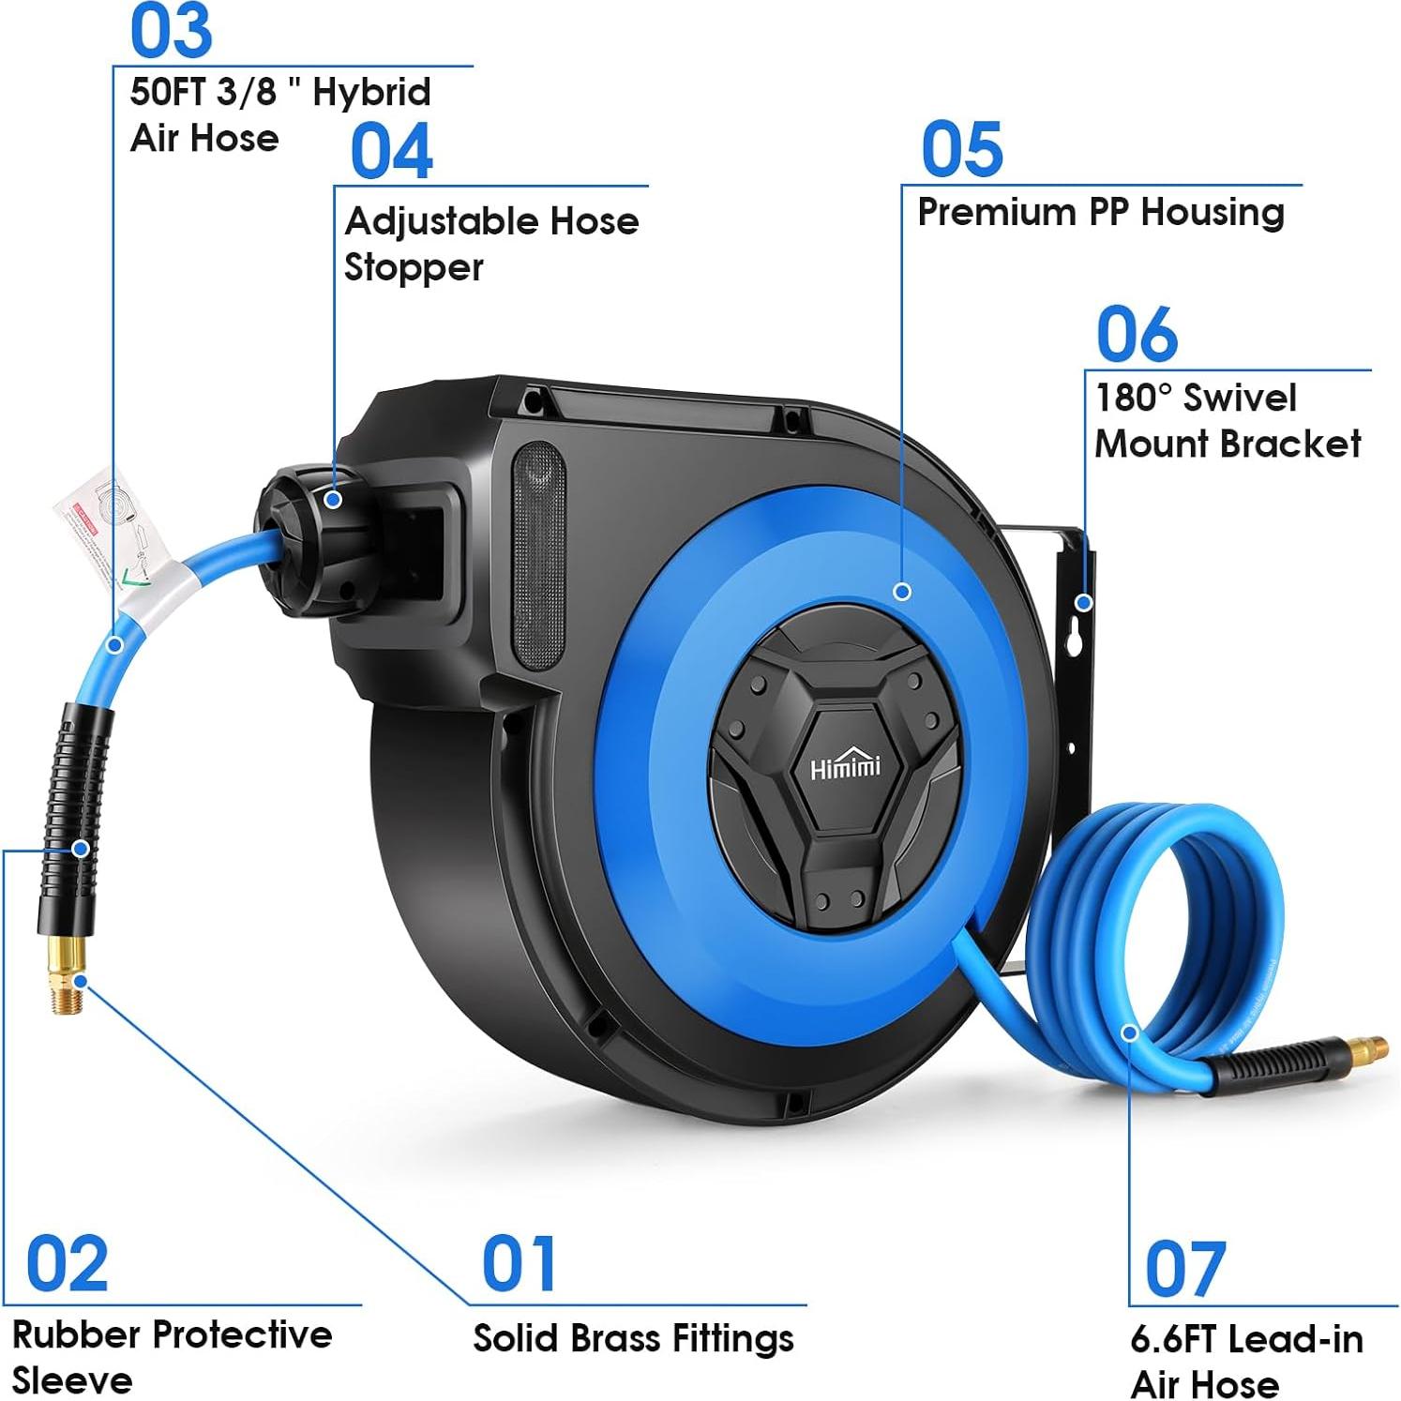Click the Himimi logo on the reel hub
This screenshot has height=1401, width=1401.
tap(845, 767)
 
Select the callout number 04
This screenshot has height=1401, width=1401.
tap(391, 151)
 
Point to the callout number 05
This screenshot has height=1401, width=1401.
tap(961, 149)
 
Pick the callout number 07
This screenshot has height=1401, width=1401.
tap(1184, 1269)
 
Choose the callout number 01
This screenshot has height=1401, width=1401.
tap(519, 1263)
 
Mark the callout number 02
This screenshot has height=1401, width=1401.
tap(67, 1264)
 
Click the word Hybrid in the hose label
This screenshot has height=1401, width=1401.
tap(371, 93)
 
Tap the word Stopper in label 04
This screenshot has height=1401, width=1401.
tap(414, 268)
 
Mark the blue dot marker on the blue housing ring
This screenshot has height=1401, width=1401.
tap(902, 592)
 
